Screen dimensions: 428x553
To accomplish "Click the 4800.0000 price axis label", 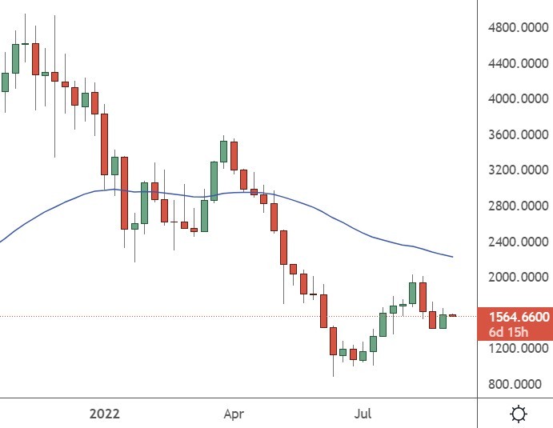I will [518, 27].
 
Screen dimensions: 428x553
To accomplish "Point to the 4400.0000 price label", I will [518, 63].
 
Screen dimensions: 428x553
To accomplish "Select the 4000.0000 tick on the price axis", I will [518, 99].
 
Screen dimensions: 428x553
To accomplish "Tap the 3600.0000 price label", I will [518, 134].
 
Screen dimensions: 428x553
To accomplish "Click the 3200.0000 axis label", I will [518, 170].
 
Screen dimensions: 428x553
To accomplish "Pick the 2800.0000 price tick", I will [518, 206].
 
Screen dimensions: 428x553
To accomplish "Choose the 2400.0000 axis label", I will [518, 242].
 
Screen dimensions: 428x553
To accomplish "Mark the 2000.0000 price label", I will [518, 277].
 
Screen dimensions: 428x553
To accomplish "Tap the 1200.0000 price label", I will [518, 349].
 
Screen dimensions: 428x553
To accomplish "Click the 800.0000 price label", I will [521, 384].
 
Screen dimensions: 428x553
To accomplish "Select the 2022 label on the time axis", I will [105, 414].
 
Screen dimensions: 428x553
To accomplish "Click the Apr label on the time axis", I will [233, 414].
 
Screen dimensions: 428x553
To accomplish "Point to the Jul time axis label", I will [363, 414].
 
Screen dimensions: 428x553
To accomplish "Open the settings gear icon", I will [519, 414].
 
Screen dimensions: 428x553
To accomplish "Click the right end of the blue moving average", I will [453, 257].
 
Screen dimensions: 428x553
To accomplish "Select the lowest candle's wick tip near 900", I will [333, 375].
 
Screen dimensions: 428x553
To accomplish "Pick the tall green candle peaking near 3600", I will [224, 151].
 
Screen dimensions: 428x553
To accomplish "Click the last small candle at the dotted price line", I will [452, 316].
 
